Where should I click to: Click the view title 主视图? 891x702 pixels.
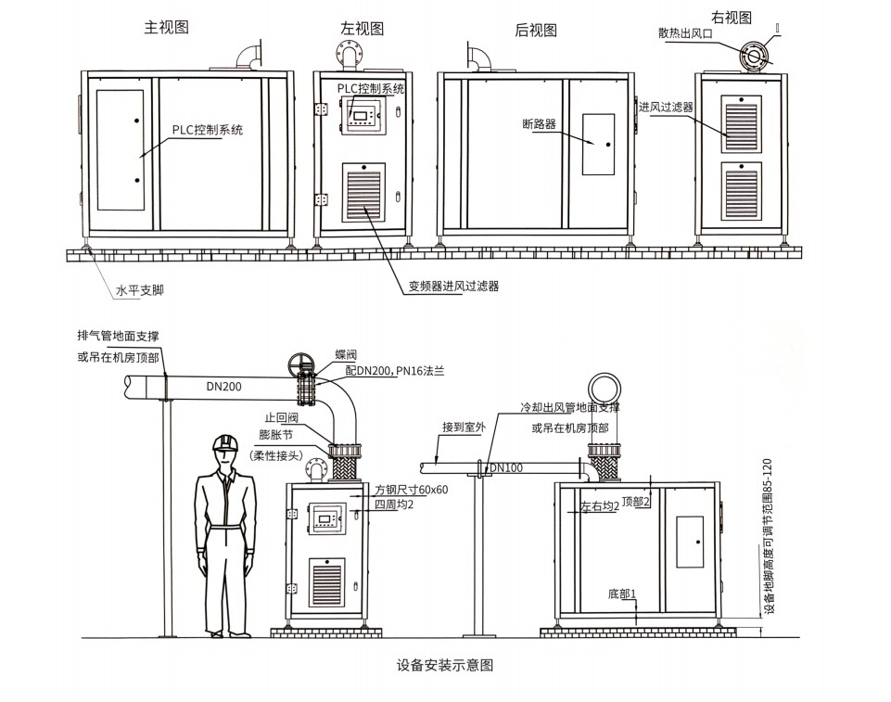click(167, 28)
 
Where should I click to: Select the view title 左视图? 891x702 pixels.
click(362, 29)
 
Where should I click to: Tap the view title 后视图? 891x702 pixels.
click(536, 30)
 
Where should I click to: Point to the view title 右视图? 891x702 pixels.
click(732, 17)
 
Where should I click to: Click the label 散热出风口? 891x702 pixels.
click(687, 33)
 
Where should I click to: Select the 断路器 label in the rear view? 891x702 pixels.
click(539, 123)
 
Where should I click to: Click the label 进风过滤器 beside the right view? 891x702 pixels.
click(666, 108)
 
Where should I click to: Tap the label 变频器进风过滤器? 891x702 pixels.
click(454, 287)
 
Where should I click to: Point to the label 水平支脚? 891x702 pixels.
click(140, 290)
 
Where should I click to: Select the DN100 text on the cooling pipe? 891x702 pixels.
click(505, 467)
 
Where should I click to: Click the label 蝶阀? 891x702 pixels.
click(344, 355)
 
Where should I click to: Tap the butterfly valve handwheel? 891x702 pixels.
click(299, 364)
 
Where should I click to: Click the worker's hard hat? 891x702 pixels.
click(224, 444)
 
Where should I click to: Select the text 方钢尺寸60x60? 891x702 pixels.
click(411, 489)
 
